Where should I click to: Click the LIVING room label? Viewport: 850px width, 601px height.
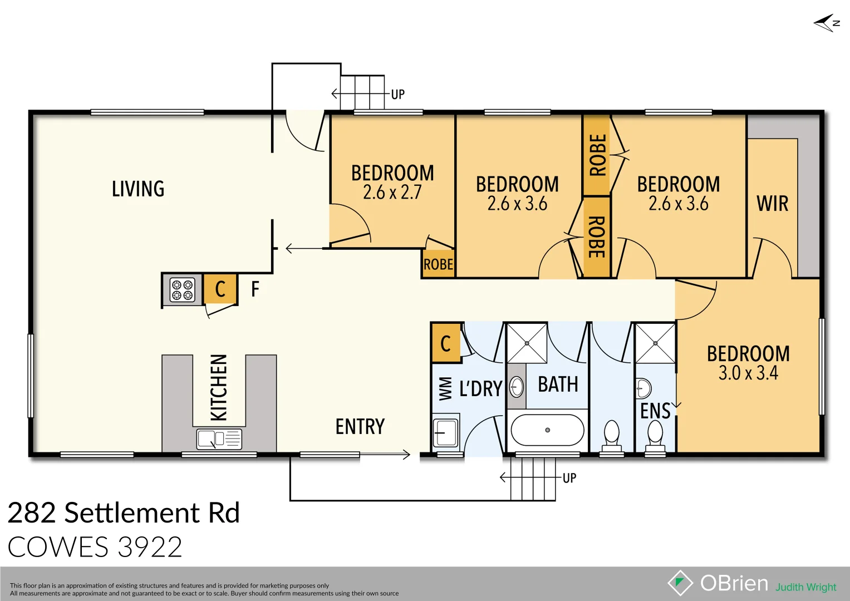tap(138, 189)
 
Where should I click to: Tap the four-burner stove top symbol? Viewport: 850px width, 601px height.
tap(182, 290)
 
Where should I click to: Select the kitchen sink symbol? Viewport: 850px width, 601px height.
tap(219, 439)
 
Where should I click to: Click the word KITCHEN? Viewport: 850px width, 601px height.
tap(219, 387)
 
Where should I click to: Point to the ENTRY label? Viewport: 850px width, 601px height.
tap(360, 427)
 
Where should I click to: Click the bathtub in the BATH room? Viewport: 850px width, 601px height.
tap(547, 430)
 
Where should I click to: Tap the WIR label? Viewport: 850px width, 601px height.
tap(772, 204)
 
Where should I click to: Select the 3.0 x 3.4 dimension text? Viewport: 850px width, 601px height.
tap(748, 373)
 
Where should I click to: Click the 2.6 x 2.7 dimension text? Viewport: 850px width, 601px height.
tap(392, 193)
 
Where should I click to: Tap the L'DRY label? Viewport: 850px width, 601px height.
tap(480, 388)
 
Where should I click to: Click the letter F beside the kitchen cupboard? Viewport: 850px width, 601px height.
tap(255, 289)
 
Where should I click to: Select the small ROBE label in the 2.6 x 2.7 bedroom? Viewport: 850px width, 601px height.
tap(438, 264)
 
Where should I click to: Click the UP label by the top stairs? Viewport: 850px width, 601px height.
tap(397, 95)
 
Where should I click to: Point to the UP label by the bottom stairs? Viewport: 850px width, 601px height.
tap(569, 478)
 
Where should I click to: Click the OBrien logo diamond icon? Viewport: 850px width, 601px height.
tap(680, 583)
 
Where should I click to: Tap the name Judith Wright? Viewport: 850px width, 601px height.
tap(805, 587)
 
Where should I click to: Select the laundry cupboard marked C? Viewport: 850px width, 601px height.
tap(445, 343)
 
